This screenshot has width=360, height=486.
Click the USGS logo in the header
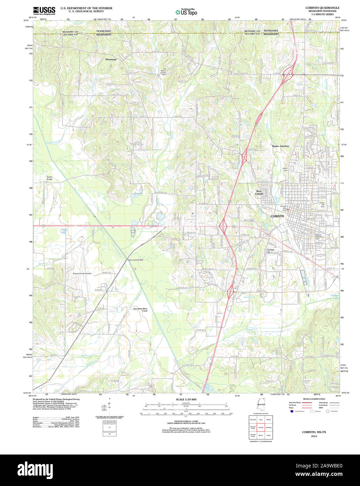[x=44, y=10]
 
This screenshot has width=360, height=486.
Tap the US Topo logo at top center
[x=186, y=12]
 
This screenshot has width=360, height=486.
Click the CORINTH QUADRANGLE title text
[x=322, y=8]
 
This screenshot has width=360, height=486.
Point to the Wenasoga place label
[x=111, y=59]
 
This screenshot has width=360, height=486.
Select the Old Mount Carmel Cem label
[x=164, y=71]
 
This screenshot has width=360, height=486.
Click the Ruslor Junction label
[x=280, y=146]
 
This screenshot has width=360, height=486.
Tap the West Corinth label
[x=259, y=192]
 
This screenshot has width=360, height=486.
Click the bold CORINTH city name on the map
[x=277, y=216]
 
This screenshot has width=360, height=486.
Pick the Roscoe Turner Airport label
[x=82, y=273]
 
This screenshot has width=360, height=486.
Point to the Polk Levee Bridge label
[x=136, y=260]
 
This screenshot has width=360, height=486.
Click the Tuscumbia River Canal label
[x=140, y=310]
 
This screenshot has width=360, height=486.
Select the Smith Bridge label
[x=49, y=178]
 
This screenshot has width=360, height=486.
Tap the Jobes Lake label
[x=63, y=231]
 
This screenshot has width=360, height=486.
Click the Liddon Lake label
[x=335, y=296]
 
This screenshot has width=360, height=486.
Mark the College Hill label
[x=271, y=251]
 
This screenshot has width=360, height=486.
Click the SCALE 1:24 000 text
[x=186, y=399]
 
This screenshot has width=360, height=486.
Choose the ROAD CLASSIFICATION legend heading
[x=314, y=399]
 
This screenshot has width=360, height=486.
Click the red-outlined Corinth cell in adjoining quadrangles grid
[x=261, y=427]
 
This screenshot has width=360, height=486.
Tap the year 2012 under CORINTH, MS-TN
[x=314, y=436]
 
